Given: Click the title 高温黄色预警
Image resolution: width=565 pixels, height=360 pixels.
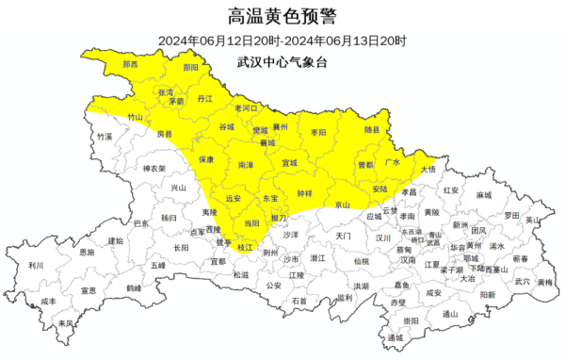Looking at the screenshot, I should click(x=282, y=16).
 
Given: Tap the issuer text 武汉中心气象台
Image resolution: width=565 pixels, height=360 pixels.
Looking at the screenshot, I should click(x=282, y=60).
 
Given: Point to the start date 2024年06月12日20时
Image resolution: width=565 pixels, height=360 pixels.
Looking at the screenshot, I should click(x=218, y=41).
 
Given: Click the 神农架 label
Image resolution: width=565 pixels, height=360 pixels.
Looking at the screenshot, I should click(x=153, y=170).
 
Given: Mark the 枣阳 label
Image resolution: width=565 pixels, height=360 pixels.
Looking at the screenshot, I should click(x=319, y=134).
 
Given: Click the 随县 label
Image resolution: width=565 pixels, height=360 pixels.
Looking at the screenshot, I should click(x=373, y=129).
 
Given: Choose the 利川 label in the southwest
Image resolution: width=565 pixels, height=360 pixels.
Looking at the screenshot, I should click(x=36, y=266).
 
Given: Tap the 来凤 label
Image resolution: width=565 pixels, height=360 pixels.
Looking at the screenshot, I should click(x=65, y=323).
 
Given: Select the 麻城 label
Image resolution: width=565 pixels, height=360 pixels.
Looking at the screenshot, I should click(x=484, y=195).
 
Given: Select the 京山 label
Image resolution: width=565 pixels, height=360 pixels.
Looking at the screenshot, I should click(x=343, y=205).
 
